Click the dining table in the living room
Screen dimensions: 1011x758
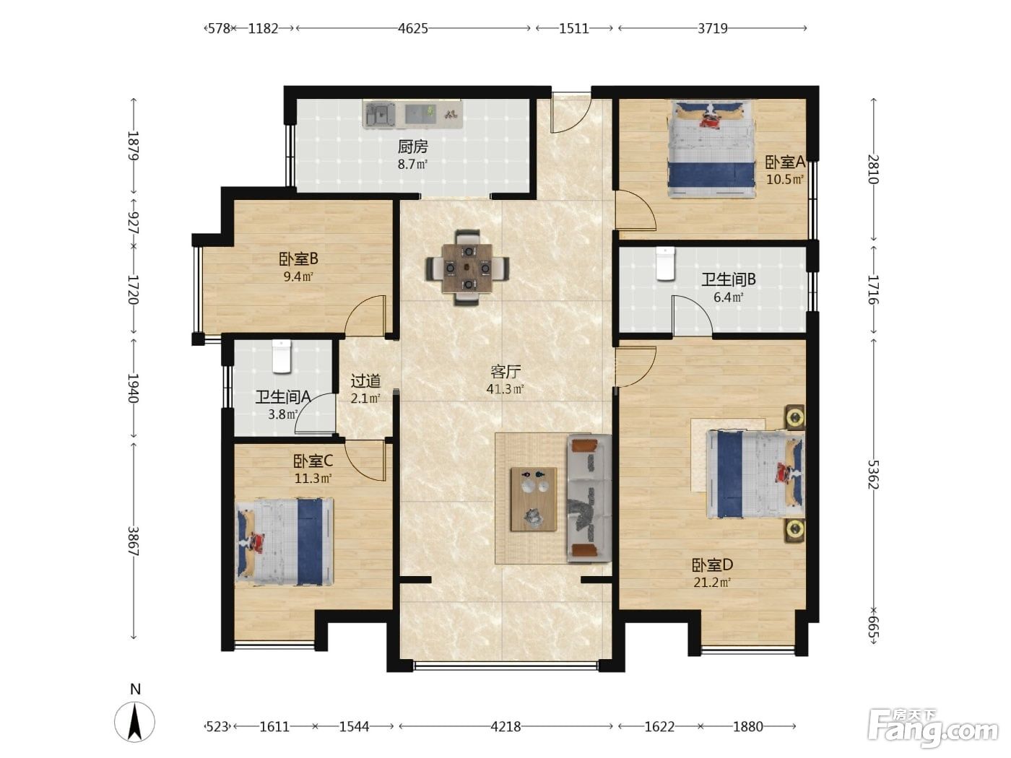(467, 268)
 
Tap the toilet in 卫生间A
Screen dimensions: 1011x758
(282, 356)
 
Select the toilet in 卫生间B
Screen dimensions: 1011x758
(665, 263)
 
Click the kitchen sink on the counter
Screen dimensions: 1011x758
(380, 115)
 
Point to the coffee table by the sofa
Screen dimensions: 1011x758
(534, 500)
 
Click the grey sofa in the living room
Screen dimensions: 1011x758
(589, 498)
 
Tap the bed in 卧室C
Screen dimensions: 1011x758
(285, 541)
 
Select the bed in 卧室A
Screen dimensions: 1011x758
(712, 149)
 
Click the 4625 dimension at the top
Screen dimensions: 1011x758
(412, 29)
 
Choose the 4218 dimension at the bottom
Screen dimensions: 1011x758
(506, 727)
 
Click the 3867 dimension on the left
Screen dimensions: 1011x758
(133, 541)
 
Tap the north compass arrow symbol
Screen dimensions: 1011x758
(134, 722)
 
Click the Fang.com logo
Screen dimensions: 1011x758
(932, 729)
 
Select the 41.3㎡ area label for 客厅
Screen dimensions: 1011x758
(506, 389)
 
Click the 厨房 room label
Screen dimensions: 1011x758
(412, 147)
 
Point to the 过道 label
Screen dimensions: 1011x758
(365, 381)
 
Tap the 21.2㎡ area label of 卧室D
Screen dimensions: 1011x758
(712, 583)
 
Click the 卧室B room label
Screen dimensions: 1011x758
(298, 259)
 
